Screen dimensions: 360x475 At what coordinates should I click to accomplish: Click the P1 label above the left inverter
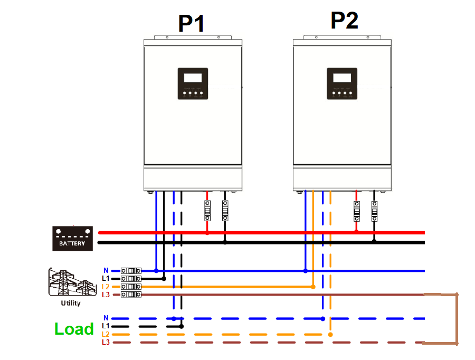point(191,23)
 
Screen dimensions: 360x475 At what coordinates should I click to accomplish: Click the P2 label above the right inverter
point(344,20)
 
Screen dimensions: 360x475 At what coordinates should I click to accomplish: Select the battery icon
point(73,238)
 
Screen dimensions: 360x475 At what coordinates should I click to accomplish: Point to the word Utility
point(71,304)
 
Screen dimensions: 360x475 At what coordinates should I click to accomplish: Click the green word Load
point(74,329)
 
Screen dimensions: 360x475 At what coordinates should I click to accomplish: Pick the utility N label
point(106,270)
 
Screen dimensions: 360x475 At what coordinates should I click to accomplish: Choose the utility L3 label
point(106,295)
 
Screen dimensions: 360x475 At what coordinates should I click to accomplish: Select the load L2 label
point(106,335)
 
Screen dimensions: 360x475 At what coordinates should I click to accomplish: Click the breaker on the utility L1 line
point(131,278)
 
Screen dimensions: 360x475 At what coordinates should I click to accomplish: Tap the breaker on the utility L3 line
point(131,295)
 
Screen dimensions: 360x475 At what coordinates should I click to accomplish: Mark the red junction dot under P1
point(207,232)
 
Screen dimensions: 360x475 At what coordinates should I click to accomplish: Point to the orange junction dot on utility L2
point(313,287)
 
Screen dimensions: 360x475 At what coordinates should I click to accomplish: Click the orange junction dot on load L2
point(330,334)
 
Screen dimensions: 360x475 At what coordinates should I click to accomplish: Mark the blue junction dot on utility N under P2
point(306,271)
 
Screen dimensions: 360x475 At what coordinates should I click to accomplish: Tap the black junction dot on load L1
point(182,326)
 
